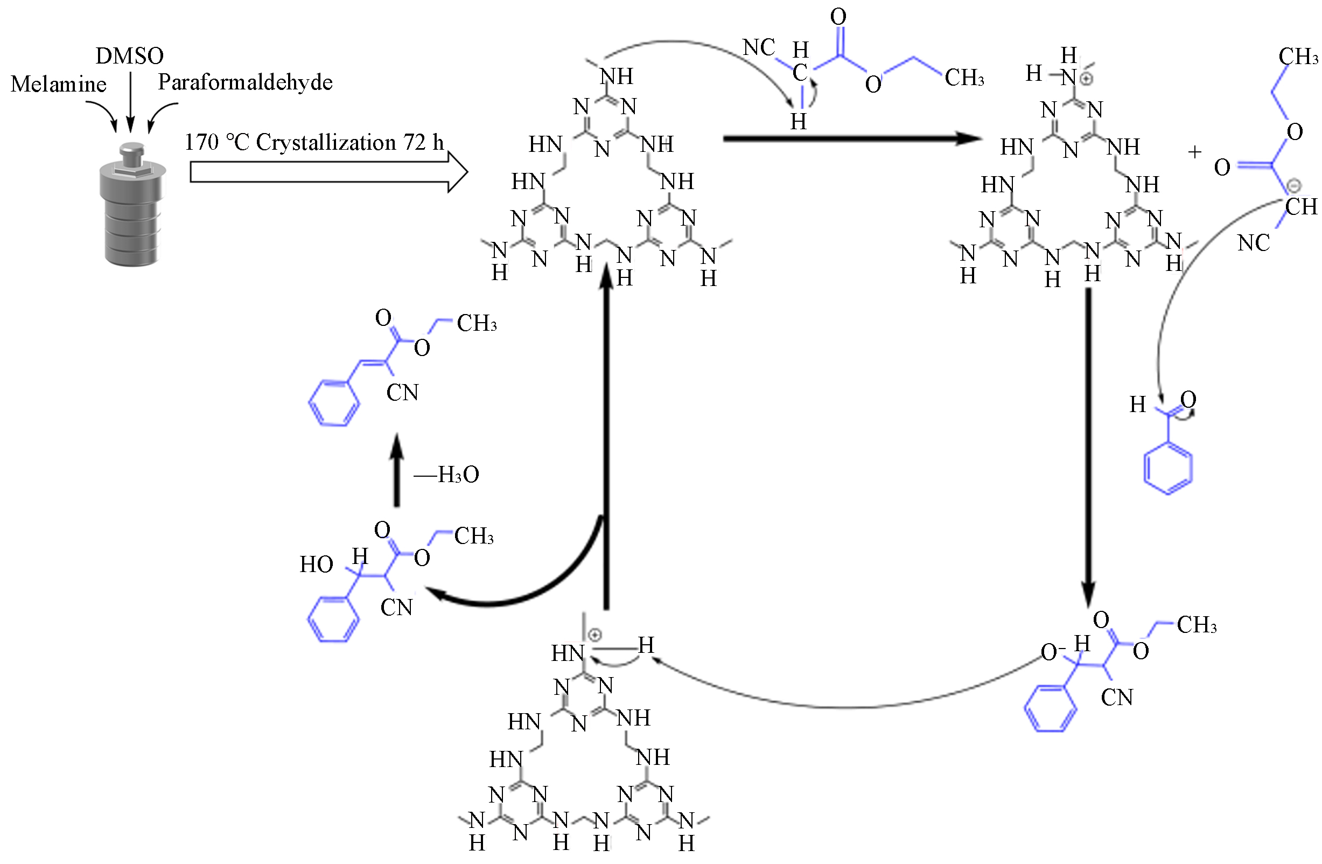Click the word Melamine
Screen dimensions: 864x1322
click(58, 85)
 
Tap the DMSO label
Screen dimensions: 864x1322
click(129, 56)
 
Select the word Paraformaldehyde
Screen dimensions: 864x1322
click(245, 82)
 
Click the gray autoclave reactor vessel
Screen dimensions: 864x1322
click(132, 206)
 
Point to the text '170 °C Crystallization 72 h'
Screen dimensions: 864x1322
click(314, 143)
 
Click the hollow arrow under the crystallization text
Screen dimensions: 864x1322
click(328, 172)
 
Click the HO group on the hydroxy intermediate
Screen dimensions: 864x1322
click(316, 565)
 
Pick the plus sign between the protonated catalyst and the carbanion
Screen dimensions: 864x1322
click(1194, 152)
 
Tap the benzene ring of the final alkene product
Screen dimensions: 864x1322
click(333, 403)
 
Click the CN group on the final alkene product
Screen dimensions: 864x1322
click(402, 393)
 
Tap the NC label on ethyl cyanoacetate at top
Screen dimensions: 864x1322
click(759, 48)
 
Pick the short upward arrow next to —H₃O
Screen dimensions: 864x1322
click(396, 470)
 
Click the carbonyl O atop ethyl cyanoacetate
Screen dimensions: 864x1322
click(838, 17)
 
